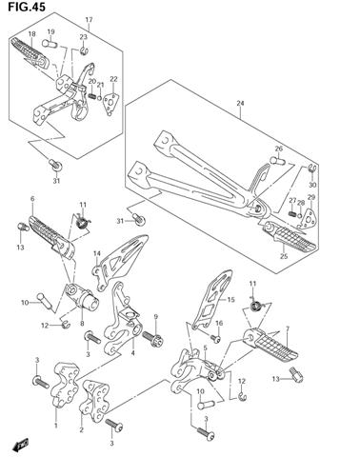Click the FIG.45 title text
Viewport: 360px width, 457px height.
tap(27, 7)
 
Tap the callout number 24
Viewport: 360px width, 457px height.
tap(240, 103)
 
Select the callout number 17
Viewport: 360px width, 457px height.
tap(90, 20)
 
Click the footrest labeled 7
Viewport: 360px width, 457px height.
tap(270, 346)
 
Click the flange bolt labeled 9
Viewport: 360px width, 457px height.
tap(153, 339)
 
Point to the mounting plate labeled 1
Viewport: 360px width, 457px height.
tap(66, 384)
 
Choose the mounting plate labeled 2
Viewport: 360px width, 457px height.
tap(94, 401)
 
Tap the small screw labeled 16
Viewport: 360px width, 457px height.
tap(215, 338)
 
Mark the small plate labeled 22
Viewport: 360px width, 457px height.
tap(110, 104)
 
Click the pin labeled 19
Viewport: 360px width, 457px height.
tap(50, 43)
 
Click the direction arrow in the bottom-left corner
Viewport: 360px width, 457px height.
tap(20, 446)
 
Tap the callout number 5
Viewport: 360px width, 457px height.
tap(206, 348)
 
